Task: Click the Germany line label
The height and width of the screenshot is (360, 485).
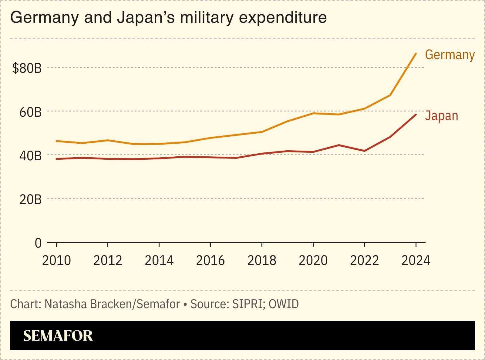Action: [x=450, y=55]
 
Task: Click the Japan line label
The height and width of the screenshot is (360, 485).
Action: [x=441, y=116]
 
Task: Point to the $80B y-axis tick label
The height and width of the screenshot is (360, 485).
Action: [x=27, y=68]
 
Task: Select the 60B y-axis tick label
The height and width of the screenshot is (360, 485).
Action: [x=30, y=112]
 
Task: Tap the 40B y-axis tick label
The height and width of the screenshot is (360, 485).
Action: [x=30, y=156]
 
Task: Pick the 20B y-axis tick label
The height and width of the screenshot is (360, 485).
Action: [x=30, y=200]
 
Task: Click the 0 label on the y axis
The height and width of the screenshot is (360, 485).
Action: [x=38, y=243]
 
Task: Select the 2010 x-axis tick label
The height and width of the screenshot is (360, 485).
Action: [x=56, y=261]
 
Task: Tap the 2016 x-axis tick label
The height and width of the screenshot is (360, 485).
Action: [x=210, y=261]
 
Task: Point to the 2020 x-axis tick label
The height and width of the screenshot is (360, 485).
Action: [x=313, y=261]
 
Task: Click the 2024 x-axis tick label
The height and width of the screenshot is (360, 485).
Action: [x=416, y=261]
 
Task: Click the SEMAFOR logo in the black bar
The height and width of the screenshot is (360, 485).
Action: [x=58, y=336]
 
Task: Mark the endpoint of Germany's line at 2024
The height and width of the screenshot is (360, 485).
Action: [x=416, y=54]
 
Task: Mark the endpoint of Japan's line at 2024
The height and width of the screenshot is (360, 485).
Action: [x=416, y=115]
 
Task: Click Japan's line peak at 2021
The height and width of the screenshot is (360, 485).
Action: [x=339, y=145]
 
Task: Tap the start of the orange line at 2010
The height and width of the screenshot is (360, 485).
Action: [x=57, y=141]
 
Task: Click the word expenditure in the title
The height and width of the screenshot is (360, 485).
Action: [x=283, y=18]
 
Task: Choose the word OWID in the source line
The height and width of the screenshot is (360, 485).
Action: [x=284, y=304]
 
